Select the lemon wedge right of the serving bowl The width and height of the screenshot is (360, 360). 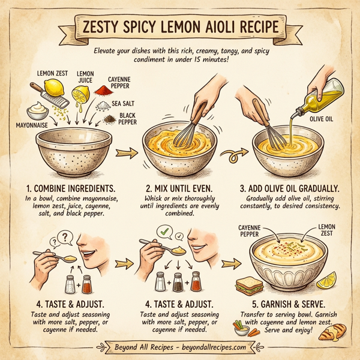pos(329,280)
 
